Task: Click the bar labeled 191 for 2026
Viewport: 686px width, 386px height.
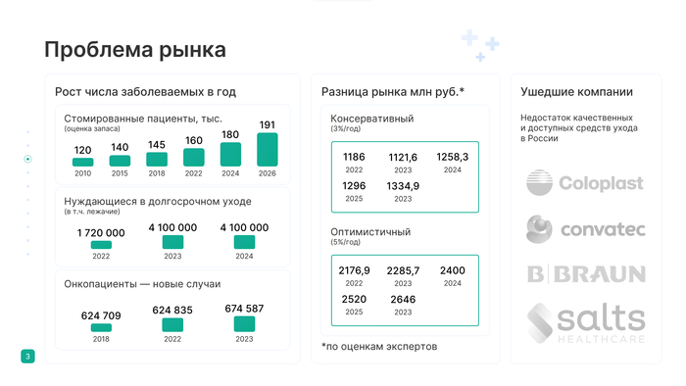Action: click(x=268, y=149)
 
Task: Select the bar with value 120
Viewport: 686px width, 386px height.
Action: click(x=83, y=162)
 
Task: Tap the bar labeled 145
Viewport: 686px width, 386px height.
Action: click(x=157, y=159)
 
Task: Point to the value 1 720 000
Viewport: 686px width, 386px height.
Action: click(x=101, y=232)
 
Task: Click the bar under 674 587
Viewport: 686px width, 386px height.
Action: click(x=244, y=324)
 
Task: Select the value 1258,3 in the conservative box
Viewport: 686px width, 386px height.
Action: click(x=453, y=157)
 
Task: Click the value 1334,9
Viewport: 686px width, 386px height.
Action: click(x=403, y=186)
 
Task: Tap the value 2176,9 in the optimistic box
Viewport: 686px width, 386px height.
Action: click(x=354, y=270)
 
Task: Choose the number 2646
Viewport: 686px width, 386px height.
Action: click(x=403, y=299)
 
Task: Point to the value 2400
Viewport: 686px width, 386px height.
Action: click(x=452, y=270)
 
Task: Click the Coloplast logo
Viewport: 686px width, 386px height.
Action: click(x=585, y=183)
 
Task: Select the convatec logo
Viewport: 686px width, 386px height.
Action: click(x=585, y=229)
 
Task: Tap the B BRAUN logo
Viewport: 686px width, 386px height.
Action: click(x=585, y=273)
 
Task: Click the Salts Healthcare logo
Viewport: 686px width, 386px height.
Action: click(x=585, y=322)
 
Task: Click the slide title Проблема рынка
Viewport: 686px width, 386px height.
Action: click(x=135, y=50)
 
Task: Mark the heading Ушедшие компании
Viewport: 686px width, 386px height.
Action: click(x=576, y=92)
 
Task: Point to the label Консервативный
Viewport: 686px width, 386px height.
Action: click(x=372, y=119)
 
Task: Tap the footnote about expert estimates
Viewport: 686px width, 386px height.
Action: click(x=379, y=346)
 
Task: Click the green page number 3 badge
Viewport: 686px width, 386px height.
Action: click(x=27, y=356)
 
